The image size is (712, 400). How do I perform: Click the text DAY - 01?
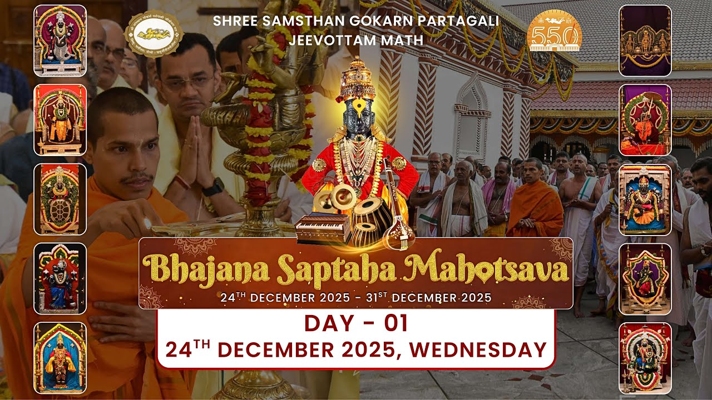point(356,323)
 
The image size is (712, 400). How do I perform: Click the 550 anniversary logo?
point(553,32)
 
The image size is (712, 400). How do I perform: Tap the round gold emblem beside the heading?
point(154,34)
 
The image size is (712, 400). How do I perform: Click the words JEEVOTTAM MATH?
point(356,40)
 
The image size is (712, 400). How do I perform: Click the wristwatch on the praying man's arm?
point(212,186)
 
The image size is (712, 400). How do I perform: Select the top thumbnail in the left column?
point(60,41)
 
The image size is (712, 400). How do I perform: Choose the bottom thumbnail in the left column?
point(60,358)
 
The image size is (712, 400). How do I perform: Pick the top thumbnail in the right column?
point(645,41)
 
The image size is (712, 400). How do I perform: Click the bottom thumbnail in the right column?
point(645,358)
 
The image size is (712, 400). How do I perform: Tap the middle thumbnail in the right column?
point(645,199)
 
